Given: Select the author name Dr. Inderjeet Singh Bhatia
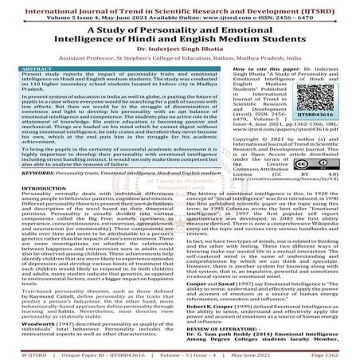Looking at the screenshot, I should [180, 54].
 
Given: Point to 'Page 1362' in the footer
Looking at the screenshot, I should [332, 350].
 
